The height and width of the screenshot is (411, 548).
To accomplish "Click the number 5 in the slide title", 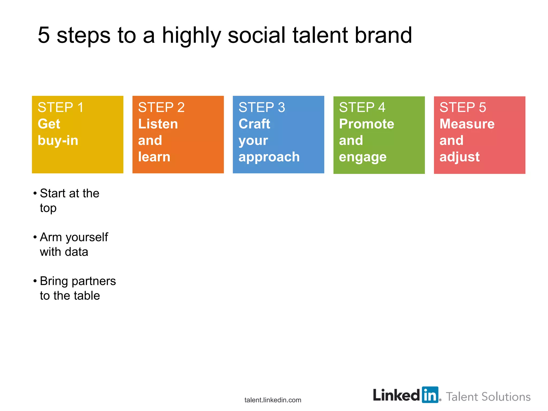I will pos(44,35).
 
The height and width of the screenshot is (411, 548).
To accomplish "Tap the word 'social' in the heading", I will pos(257,35).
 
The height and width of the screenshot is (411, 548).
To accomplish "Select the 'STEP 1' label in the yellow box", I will pos(60,107).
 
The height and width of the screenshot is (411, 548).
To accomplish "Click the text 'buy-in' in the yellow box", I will pos(58,140).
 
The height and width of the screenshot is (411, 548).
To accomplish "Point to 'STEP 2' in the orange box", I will pos(161,107).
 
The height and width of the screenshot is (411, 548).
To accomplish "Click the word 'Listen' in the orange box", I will pos(158,124).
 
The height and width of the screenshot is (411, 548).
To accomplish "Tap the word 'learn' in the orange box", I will pos(154,157).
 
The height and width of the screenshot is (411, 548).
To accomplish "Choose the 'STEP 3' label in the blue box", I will pos(262,107).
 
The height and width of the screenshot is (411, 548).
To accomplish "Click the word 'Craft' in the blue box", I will pos(254,124).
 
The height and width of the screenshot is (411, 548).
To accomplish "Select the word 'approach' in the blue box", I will pos(269,157).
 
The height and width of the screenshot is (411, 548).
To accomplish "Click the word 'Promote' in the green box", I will pos(366,124).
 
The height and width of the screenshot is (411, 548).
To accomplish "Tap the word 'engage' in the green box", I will pos(363,157).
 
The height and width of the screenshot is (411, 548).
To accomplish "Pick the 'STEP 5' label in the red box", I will pos(463,107).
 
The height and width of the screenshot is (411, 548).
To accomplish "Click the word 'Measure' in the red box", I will pos(467,124).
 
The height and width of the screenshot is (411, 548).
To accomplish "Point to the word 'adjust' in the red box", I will pos(459,157).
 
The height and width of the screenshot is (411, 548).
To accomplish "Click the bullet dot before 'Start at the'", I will pos(35,193).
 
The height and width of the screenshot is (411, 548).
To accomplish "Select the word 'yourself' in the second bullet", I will pos(87,237).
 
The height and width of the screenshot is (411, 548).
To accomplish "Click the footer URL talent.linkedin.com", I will pos(273,400).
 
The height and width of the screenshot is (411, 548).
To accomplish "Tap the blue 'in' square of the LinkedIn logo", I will pos(430,395).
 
